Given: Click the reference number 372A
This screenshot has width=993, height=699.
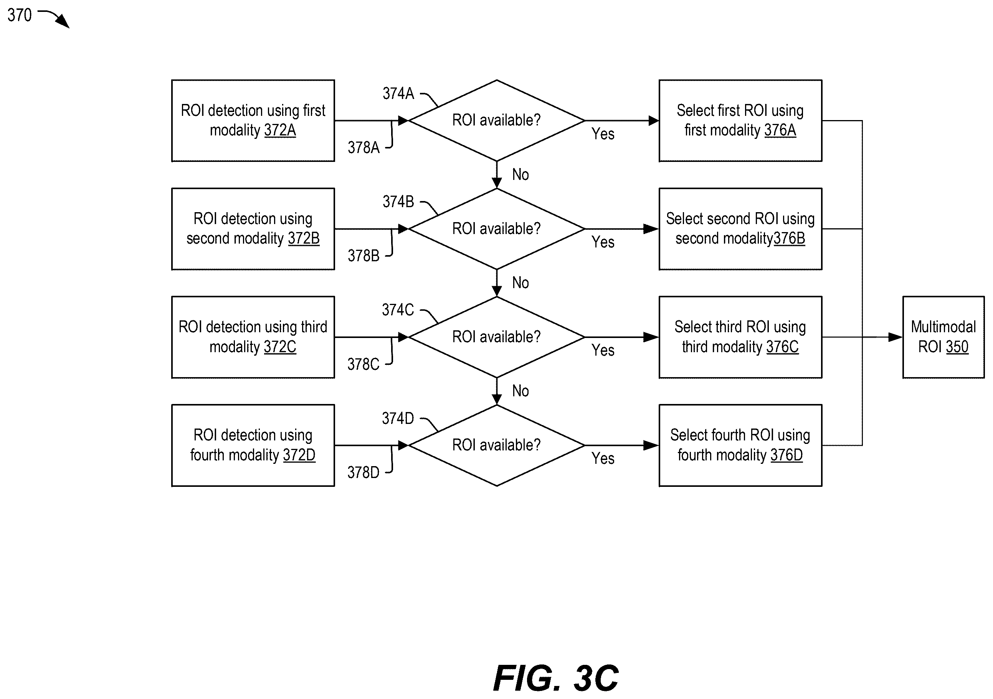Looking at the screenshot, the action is click(280, 130).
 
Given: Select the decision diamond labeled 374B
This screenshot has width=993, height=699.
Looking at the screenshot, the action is click(497, 229).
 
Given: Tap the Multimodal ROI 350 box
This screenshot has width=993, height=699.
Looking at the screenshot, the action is click(943, 337).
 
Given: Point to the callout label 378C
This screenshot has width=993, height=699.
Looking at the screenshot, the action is click(363, 364).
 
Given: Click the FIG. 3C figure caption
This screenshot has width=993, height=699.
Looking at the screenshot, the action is click(556, 678).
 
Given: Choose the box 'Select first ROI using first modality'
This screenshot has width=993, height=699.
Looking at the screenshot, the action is click(740, 120).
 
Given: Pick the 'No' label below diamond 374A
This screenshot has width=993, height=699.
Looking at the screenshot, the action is click(520, 175).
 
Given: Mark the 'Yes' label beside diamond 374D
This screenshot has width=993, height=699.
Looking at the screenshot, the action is click(603, 458).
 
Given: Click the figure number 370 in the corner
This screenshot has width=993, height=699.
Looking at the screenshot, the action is click(20, 15).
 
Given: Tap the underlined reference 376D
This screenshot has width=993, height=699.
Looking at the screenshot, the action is click(787, 455).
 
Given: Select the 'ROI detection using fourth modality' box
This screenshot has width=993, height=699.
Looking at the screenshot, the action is click(253, 445).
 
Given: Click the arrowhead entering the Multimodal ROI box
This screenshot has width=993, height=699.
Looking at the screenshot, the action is click(895, 337).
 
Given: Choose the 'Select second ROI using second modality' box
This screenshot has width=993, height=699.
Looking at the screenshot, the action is click(740, 229).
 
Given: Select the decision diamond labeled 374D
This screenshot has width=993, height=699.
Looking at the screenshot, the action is click(497, 445).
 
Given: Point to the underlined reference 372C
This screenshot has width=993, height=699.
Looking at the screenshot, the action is click(280, 347).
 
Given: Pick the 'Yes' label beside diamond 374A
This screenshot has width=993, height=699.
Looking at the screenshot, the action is click(603, 134).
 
